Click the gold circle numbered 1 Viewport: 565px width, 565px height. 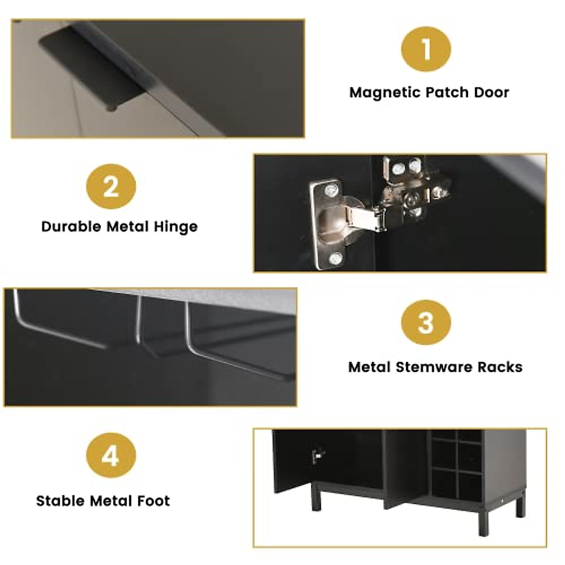(426, 49)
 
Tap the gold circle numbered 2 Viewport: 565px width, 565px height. (111, 187)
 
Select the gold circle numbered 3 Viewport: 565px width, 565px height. (426, 323)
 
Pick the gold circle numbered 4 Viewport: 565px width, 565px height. (111, 456)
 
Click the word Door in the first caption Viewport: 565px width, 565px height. (491, 92)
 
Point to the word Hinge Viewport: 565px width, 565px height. (176, 227)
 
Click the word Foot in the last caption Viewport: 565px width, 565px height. (153, 500)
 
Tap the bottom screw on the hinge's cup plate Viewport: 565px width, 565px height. (335, 258)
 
